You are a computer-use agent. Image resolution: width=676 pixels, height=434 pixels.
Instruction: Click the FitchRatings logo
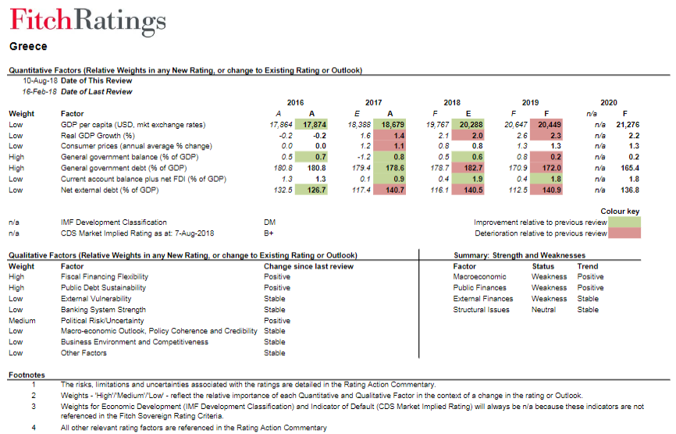[x=88, y=21]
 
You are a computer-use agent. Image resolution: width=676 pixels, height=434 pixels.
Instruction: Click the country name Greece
[x=28, y=47]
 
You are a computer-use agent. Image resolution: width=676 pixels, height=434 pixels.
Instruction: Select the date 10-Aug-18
[x=40, y=80]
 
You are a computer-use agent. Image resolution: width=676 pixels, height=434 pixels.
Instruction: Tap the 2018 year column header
[x=452, y=102]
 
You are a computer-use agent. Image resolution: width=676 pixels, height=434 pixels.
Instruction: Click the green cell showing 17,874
[x=311, y=125]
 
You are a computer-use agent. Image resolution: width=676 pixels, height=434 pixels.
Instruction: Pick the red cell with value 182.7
[x=468, y=168]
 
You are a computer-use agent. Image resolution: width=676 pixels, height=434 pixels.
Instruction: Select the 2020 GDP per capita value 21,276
[x=628, y=125]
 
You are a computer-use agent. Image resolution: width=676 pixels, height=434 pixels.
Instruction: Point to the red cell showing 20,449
[x=546, y=125]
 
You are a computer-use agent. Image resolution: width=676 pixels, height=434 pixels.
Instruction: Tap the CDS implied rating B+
[x=269, y=233]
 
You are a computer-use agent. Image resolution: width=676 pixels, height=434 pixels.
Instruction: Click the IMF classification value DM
[x=269, y=222]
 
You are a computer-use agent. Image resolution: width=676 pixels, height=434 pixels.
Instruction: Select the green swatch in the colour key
[x=624, y=222]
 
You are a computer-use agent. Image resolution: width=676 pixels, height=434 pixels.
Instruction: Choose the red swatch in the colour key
[x=624, y=233]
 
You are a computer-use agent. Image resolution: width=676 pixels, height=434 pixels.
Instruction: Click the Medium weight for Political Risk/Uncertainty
[x=22, y=321]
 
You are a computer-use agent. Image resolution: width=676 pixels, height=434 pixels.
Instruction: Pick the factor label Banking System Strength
[x=104, y=309]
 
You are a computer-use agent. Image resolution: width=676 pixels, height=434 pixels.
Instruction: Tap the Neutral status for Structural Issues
[x=543, y=309]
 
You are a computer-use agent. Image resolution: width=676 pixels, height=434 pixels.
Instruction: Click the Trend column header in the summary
[x=588, y=266]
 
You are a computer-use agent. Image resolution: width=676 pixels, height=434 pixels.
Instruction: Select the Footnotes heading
[x=27, y=375]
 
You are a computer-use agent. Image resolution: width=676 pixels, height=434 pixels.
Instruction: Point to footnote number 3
[x=34, y=407]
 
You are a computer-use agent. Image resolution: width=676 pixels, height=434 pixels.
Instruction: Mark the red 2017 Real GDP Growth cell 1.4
[x=390, y=135]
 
